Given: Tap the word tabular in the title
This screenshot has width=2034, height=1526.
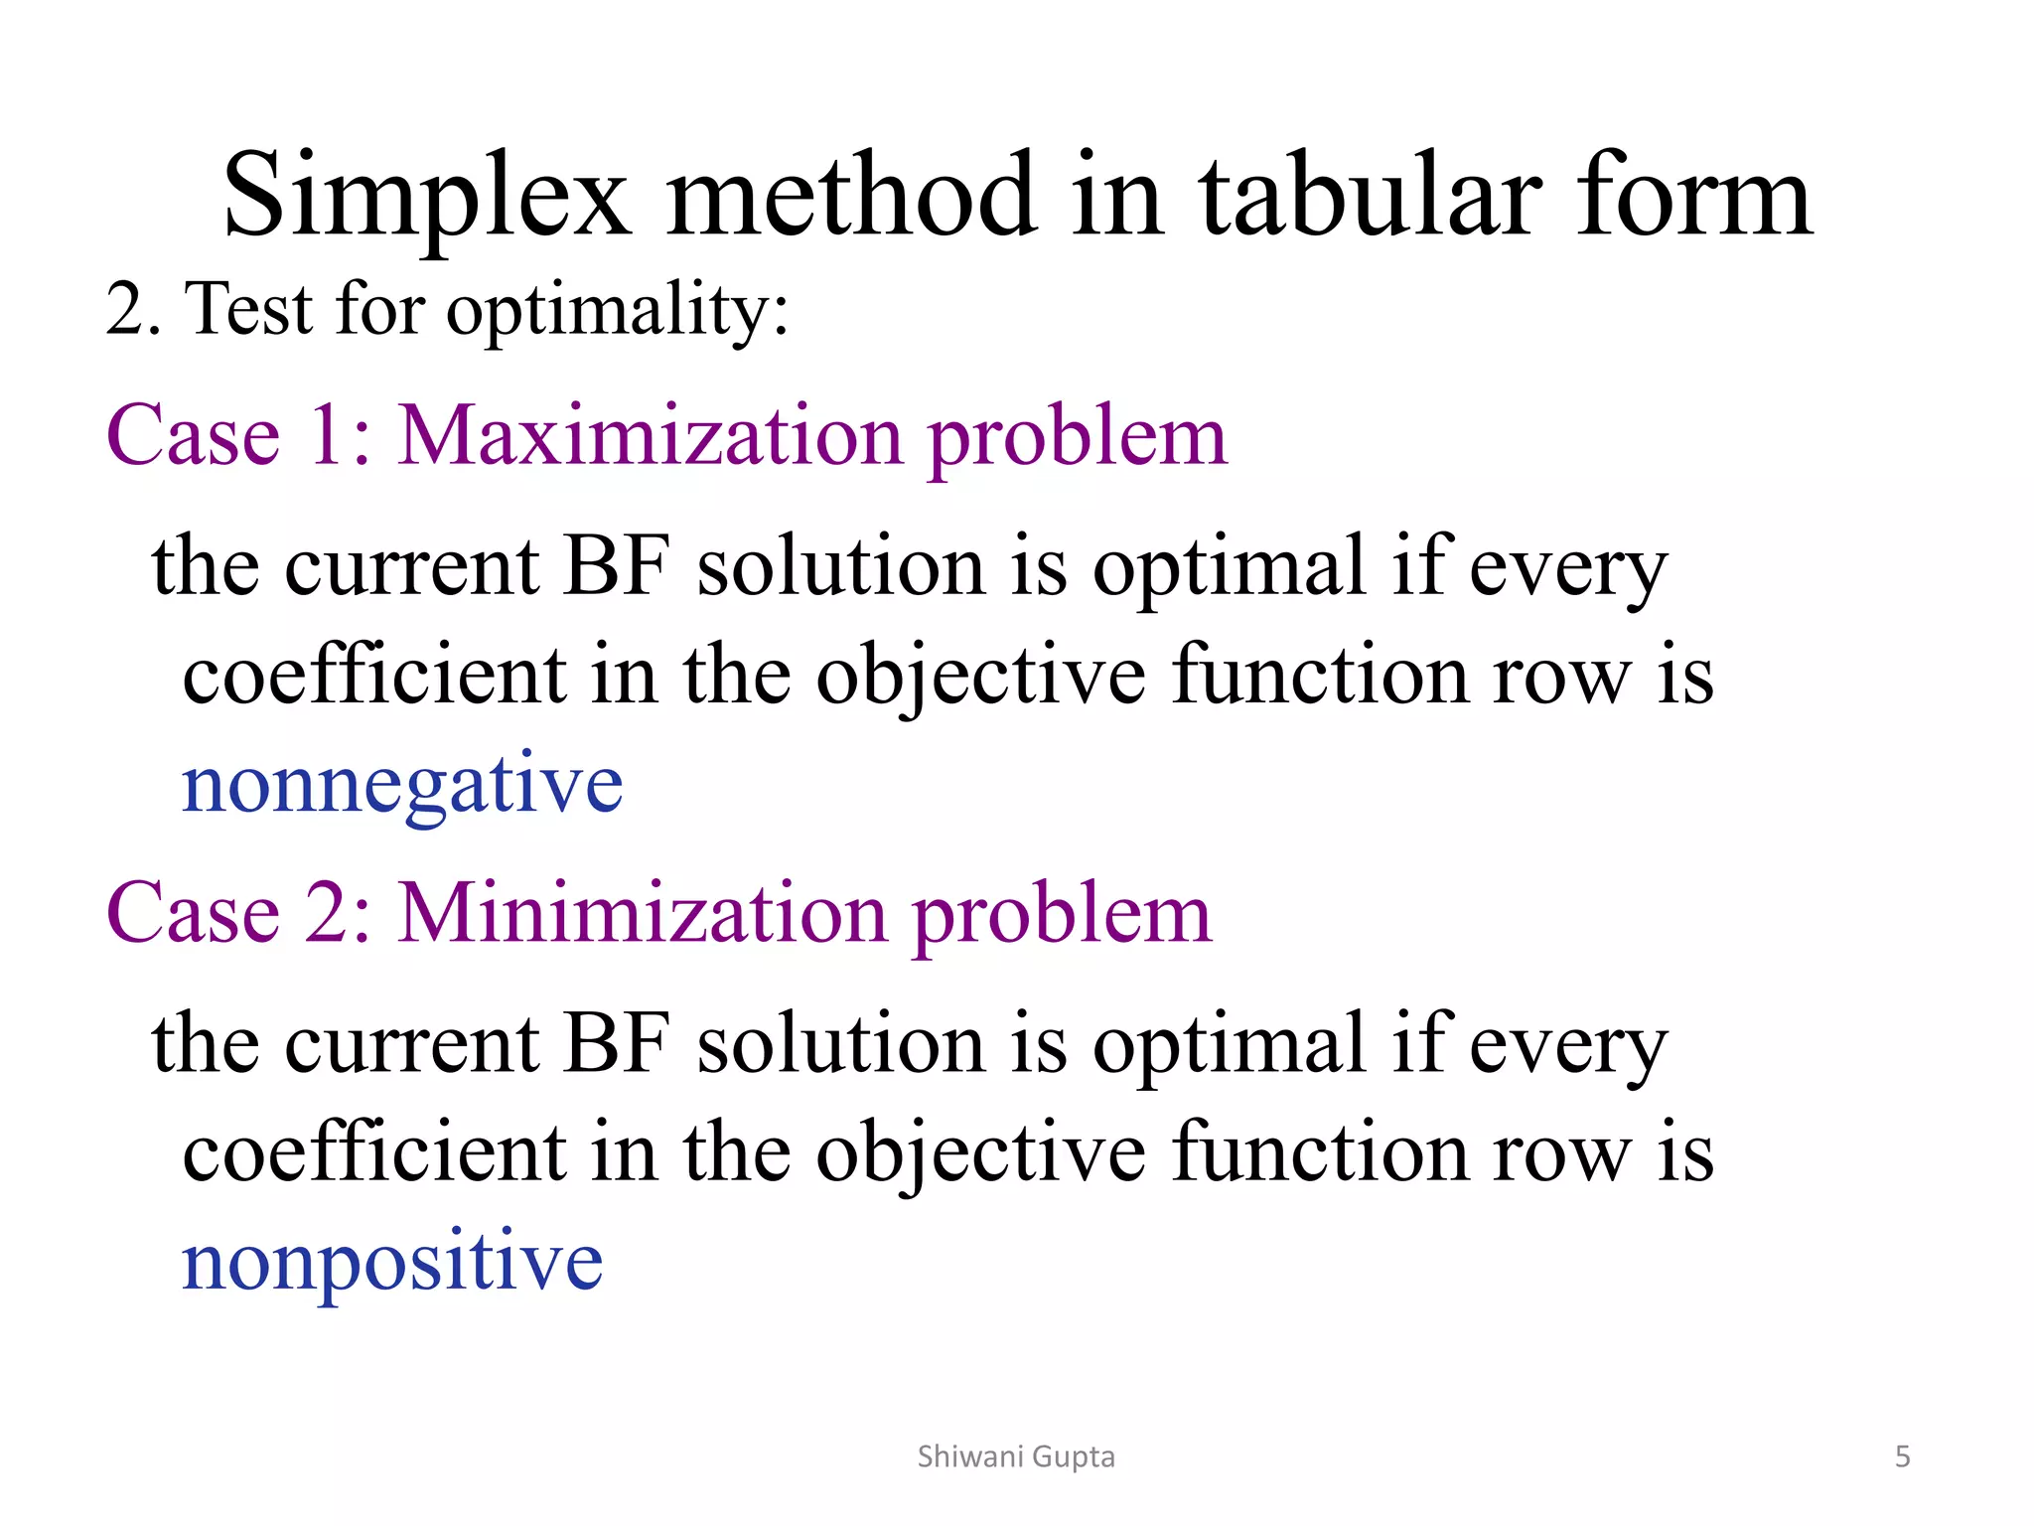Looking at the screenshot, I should [1371, 196].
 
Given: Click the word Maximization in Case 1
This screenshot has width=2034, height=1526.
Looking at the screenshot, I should [651, 437].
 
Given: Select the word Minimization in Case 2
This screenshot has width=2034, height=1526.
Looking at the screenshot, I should [643, 914].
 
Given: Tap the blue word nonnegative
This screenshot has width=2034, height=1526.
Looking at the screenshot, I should [402, 785].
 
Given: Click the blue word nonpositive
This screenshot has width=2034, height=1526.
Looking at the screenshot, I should [392, 1262].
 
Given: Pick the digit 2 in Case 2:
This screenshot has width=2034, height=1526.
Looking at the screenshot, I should [328, 914].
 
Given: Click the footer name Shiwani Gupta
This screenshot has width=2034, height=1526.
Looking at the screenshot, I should [1016, 1456].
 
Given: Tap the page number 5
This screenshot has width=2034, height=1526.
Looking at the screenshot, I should [1902, 1456].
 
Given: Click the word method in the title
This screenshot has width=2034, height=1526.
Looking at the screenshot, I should [851, 196].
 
